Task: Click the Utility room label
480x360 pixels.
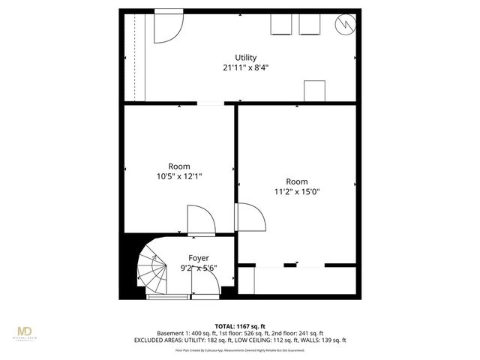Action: tap(245, 58)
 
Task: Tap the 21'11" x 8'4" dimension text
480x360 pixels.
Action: tap(245, 67)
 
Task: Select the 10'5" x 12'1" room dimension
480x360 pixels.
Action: tap(179, 176)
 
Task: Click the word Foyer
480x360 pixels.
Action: tap(199, 258)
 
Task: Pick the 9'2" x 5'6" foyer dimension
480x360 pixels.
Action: tap(199, 268)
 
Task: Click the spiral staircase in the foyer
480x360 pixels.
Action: tap(154, 270)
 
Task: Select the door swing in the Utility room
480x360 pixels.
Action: tap(166, 27)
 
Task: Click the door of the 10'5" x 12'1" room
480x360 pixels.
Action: tap(199, 220)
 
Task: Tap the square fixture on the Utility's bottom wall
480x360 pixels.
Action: tap(314, 90)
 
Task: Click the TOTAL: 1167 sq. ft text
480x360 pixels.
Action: tap(239, 325)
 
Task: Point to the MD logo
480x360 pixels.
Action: tap(25, 332)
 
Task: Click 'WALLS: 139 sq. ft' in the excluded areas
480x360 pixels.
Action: tap(325, 340)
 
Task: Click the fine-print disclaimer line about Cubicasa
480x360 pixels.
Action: tap(239, 349)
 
